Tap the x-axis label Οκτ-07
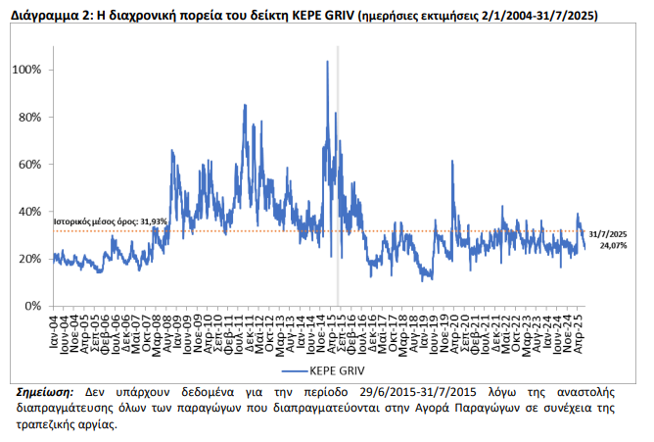pos(149,330)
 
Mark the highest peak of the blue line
pos(327,62)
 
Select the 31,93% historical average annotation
pos(110,222)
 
